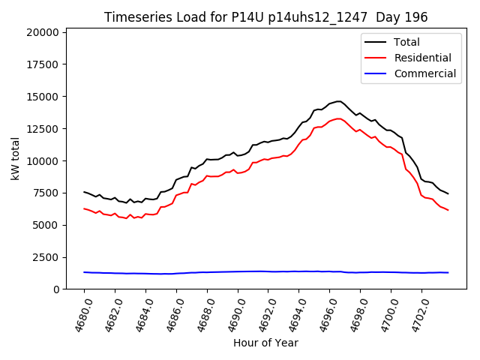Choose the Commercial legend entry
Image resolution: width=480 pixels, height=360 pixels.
click(424, 73)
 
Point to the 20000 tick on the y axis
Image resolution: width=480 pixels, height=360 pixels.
click(43, 32)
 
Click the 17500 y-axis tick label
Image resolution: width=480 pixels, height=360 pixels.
click(43, 64)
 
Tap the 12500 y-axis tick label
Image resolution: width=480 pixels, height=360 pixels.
click(43, 129)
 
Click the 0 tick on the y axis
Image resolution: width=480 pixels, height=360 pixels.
click(57, 289)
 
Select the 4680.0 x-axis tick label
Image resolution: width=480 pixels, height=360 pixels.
click(79, 313)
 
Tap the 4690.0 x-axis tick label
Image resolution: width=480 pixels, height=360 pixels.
click(232, 313)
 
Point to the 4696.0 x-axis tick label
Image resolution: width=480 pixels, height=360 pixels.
click(325, 313)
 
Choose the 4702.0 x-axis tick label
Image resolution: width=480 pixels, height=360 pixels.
click(417, 313)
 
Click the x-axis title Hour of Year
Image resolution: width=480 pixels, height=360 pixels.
click(265, 343)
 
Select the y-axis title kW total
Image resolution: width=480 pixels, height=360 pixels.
click(15, 158)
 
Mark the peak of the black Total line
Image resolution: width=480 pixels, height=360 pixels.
click(339, 101)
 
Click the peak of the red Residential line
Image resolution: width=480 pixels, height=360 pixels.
click(339, 118)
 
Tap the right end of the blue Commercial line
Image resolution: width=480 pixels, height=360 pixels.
click(448, 273)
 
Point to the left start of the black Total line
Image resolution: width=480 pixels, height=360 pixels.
click(84, 192)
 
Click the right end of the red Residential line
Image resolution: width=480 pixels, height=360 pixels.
click(448, 210)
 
